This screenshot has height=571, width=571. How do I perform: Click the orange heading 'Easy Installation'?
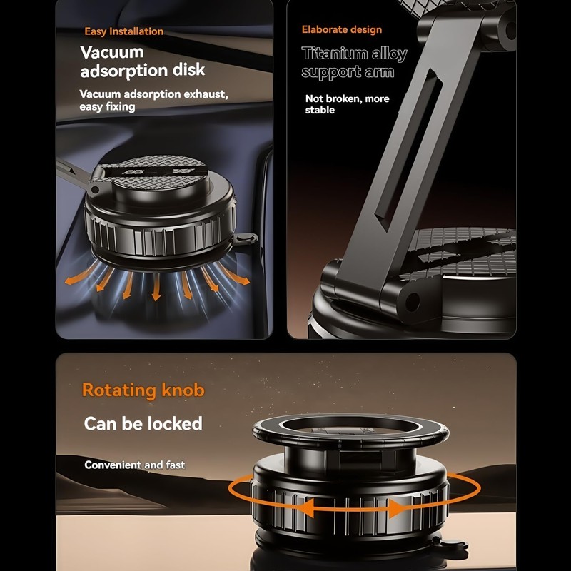pyautogui.click(x=123, y=31)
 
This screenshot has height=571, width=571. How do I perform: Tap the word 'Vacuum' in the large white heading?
pyautogui.click(x=111, y=52)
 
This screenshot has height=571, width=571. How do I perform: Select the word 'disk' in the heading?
pyautogui.click(x=188, y=71)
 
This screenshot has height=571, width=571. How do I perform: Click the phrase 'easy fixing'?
pyautogui.click(x=107, y=107)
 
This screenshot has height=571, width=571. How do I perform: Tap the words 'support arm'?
pyautogui.click(x=348, y=72)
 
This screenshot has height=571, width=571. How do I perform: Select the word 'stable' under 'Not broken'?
pyautogui.click(x=320, y=111)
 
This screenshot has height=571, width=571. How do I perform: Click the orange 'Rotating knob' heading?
pyautogui.click(x=143, y=390)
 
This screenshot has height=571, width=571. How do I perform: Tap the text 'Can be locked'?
pyautogui.click(x=143, y=423)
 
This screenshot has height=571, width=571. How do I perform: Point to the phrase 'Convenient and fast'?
pyautogui.click(x=134, y=465)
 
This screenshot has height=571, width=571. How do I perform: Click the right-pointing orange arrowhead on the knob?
pyautogui.click(x=397, y=508)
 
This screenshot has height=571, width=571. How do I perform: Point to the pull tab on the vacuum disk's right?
pyautogui.click(x=245, y=239)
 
